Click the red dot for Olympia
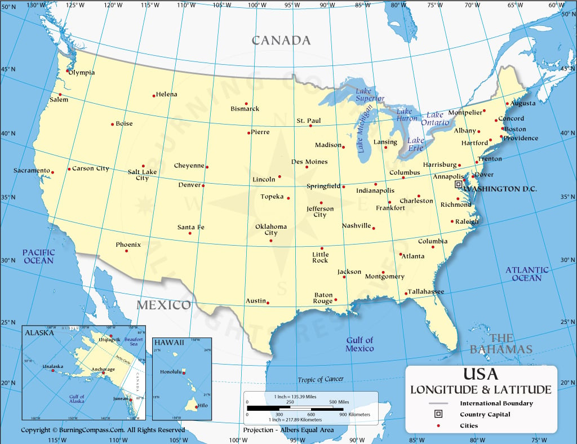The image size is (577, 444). (x=68, y=71)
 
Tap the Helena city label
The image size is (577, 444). (x=166, y=94)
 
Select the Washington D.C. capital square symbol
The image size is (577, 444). (x=458, y=184)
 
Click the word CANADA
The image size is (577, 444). (x=281, y=41)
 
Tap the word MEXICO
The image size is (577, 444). (x=164, y=305)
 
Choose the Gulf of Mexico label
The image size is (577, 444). (x=359, y=344)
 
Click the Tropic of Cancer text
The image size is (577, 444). (x=321, y=379)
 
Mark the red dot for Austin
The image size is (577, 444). (x=268, y=303)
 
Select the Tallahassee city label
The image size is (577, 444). (x=426, y=291)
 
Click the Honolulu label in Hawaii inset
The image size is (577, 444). (x=170, y=372)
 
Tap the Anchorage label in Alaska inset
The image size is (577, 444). (x=103, y=369)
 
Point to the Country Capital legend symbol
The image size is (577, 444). (x=438, y=414)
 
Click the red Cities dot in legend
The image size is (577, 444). (x=438, y=425)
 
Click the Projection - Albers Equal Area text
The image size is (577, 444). (x=288, y=430)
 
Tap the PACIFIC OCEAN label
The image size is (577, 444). (x=39, y=256)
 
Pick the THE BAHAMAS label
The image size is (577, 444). (x=501, y=344)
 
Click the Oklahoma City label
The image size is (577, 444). (x=271, y=229)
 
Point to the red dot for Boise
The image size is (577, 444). (x=113, y=124)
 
